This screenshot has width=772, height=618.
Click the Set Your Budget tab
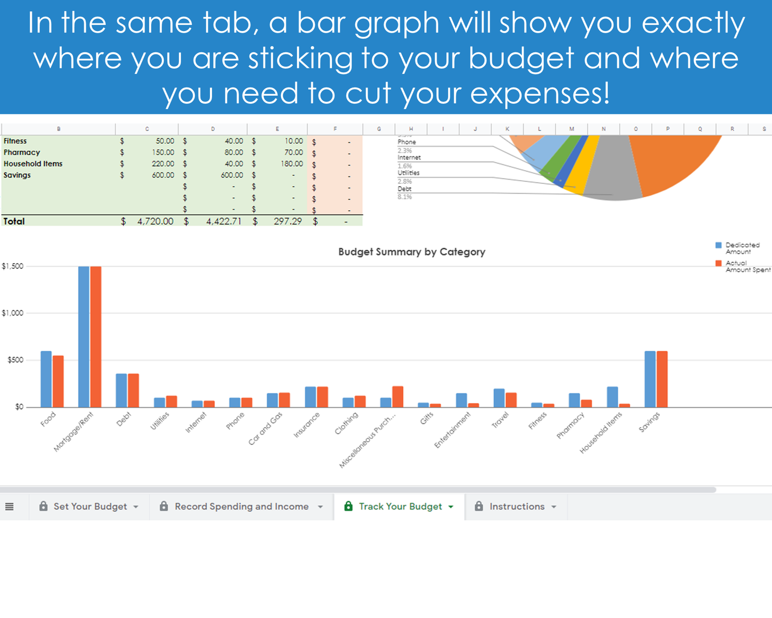click(90, 506)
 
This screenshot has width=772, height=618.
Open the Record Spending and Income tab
click(241, 506)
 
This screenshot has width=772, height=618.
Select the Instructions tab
click(517, 506)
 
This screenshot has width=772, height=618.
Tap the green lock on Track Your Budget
click(348, 506)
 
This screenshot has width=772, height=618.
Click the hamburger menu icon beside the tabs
click(10, 506)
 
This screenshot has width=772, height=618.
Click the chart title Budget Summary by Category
click(411, 252)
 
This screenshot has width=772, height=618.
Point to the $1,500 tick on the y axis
click(13, 266)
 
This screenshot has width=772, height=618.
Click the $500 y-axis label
click(15, 360)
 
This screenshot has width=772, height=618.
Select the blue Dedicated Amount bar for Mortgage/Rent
click(84, 337)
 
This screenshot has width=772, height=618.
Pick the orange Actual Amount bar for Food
click(58, 381)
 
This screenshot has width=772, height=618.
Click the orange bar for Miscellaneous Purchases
click(397, 397)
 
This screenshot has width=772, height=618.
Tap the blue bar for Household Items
click(612, 397)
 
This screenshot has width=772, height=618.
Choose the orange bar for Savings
click(662, 379)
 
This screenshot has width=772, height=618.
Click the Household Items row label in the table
click(33, 164)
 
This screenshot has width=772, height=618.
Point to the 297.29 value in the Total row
click(287, 221)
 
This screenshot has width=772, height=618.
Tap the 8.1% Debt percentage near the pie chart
click(404, 197)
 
